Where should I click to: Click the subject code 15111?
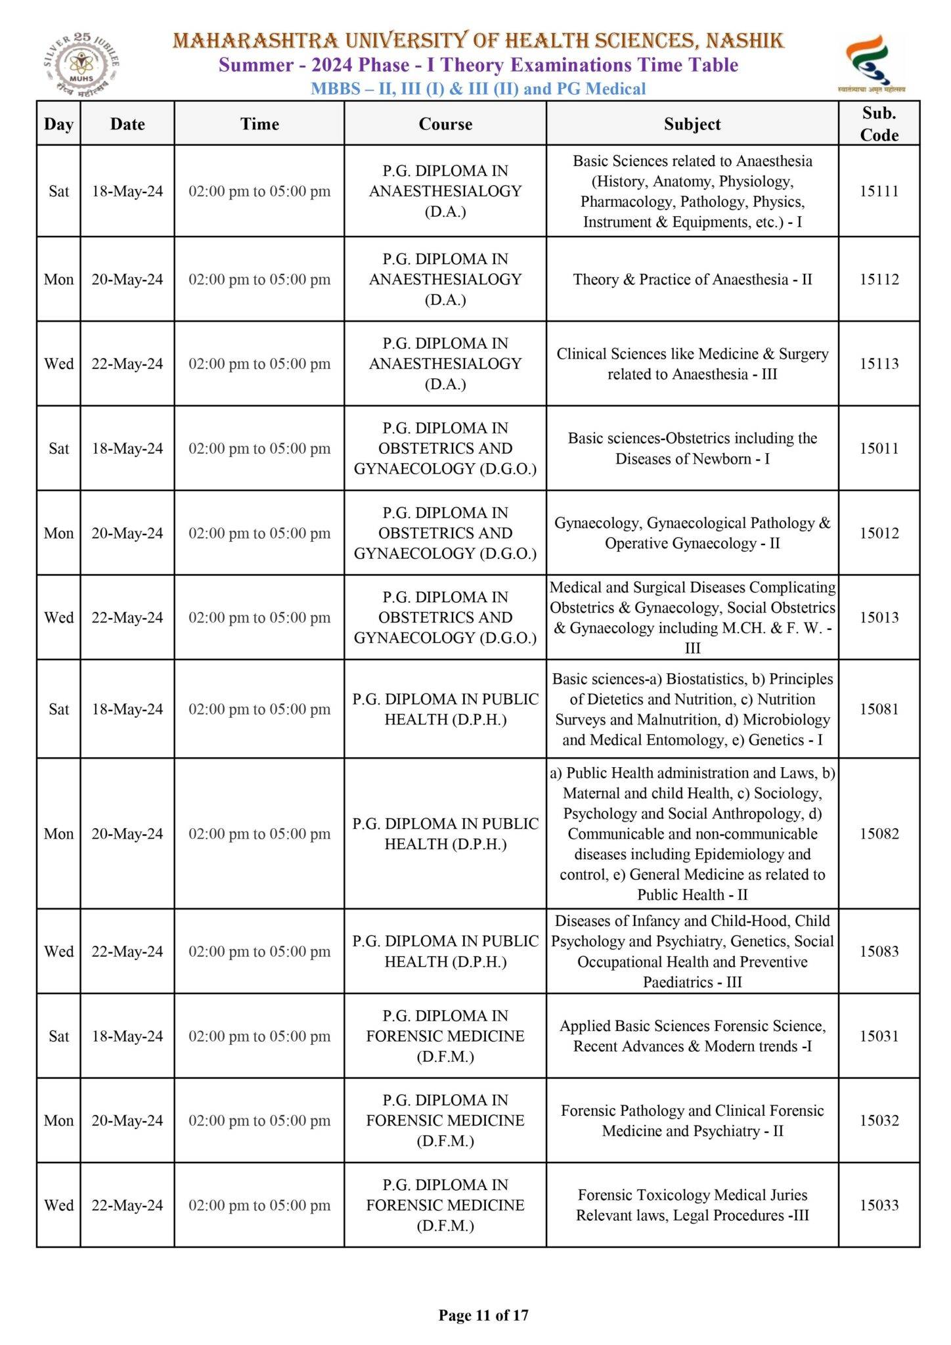point(879,191)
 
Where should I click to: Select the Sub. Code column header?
point(879,123)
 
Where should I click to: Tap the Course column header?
point(445,124)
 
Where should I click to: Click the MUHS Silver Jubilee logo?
point(81,65)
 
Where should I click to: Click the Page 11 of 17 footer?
point(483,1315)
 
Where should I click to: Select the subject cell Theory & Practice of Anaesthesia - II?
point(692,279)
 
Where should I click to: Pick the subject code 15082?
point(879,833)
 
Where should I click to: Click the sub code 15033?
point(879,1205)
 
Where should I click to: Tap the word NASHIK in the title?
point(745,41)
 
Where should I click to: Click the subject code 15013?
point(879,617)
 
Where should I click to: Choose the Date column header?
point(127,124)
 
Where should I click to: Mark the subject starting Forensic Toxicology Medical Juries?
point(692,1205)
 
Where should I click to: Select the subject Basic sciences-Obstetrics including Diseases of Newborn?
point(692,449)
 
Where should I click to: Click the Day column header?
point(58,124)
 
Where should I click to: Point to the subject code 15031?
point(879,1036)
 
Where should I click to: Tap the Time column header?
point(259,124)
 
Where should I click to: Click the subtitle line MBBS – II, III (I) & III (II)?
point(478,89)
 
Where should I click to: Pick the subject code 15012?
point(879,533)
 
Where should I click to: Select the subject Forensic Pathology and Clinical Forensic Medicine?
point(692,1120)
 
